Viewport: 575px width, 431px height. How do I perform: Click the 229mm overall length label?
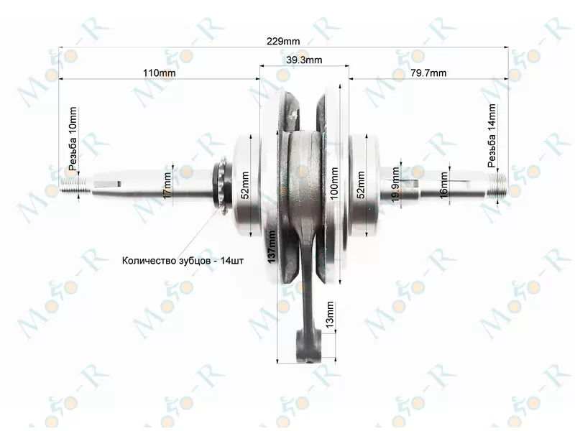282,41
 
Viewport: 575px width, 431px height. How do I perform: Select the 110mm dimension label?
159,73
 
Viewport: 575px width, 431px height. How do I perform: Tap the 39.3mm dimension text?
304,60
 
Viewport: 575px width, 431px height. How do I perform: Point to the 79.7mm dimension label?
428,73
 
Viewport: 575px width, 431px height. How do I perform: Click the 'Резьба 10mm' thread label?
73,139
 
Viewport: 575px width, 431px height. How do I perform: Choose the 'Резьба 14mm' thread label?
492,136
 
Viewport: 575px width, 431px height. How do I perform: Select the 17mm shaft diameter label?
167,185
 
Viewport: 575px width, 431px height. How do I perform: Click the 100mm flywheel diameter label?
334,183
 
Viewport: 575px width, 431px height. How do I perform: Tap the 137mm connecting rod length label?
272,246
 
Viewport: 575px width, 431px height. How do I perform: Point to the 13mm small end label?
330,315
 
